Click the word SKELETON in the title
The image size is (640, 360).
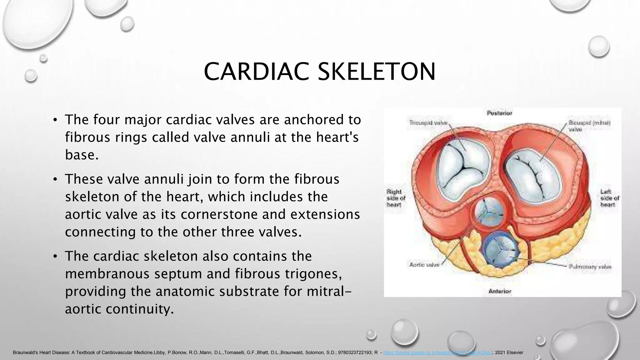pyautogui.click(x=376, y=72)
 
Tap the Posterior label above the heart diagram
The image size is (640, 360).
pyautogui.click(x=499, y=113)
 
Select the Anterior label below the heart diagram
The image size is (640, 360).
pyautogui.click(x=500, y=291)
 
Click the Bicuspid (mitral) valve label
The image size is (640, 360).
pyautogui.click(x=589, y=126)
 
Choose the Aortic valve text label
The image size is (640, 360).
pyautogui.click(x=424, y=265)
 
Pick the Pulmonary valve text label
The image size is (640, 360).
pyautogui.click(x=590, y=267)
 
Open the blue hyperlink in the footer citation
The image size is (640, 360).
pyautogui.click(x=438, y=352)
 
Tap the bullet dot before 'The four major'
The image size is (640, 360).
pyautogui.click(x=55, y=120)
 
